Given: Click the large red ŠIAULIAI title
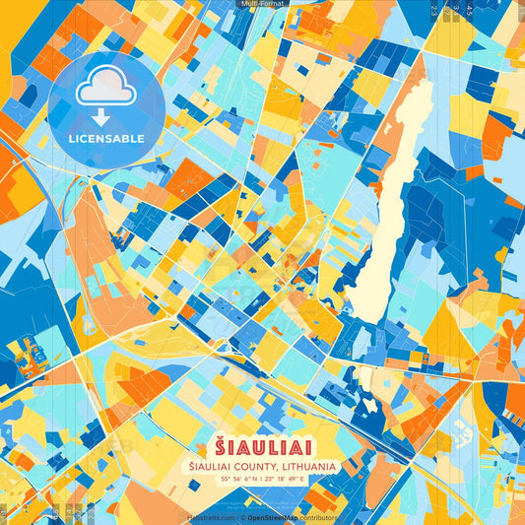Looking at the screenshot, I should (x=262, y=446).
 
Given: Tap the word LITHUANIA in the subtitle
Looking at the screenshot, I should (x=309, y=465).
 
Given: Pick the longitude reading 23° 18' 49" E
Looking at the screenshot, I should (x=287, y=478).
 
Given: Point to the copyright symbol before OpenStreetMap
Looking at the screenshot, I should (x=242, y=517).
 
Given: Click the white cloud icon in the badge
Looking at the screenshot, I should (x=104, y=90).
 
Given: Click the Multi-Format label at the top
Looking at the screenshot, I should (x=262, y=4).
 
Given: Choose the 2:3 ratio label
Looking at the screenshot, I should (x=434, y=10).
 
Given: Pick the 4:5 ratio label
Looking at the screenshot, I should (x=469, y=10).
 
